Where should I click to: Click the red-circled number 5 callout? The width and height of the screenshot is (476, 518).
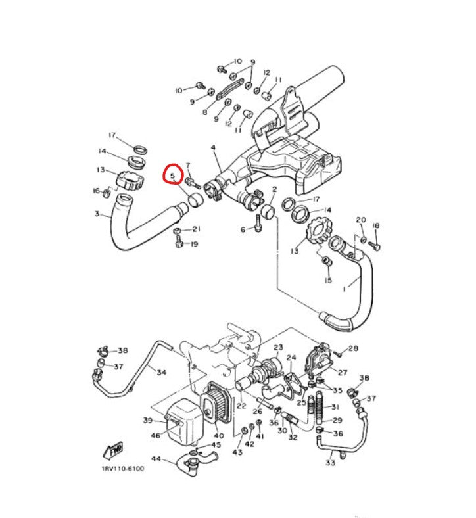tap(173, 176)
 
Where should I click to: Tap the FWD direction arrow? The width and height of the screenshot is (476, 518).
tap(113, 450)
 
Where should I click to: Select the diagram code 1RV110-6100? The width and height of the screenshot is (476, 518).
tap(122, 469)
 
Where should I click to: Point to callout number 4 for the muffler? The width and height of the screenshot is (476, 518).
tap(214, 147)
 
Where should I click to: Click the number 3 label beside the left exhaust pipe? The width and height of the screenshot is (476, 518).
tap(97, 214)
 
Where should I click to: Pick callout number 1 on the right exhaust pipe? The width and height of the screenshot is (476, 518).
tap(345, 289)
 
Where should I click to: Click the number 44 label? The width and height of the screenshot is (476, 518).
tap(156, 459)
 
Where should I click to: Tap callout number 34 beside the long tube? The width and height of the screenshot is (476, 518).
tap(161, 372)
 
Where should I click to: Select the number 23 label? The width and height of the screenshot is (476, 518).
tap(279, 347)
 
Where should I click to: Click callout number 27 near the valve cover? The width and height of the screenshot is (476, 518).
tap(343, 373)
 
